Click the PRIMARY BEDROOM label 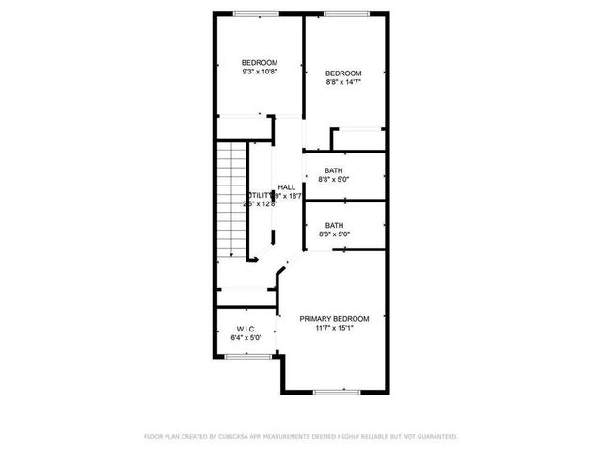click(334, 318)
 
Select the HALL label click(287, 186)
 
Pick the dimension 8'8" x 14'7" click(343, 82)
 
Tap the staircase click(230, 200)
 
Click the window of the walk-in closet click(246, 356)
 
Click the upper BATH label click(334, 170)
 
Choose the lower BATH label click(334, 225)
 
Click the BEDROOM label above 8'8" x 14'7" click(343, 73)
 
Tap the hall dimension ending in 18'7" click(288, 196)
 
